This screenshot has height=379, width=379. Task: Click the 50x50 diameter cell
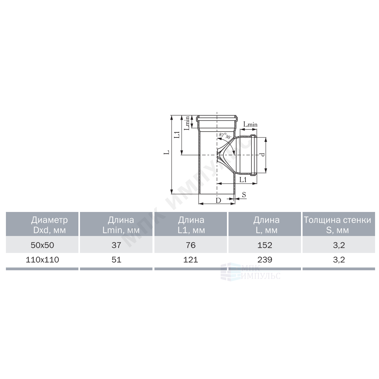(42, 245)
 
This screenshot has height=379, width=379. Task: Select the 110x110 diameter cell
(42, 260)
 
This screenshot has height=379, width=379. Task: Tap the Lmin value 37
(116, 245)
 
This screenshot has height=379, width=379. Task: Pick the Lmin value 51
(116, 260)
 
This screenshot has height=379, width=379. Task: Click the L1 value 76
(191, 245)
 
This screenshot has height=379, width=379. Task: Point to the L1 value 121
(191, 260)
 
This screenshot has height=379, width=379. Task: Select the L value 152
(265, 245)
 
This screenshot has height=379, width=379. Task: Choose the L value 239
(265, 260)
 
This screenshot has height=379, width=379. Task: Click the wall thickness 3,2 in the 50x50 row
(339, 245)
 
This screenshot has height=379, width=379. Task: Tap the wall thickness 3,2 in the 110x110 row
(339, 260)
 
